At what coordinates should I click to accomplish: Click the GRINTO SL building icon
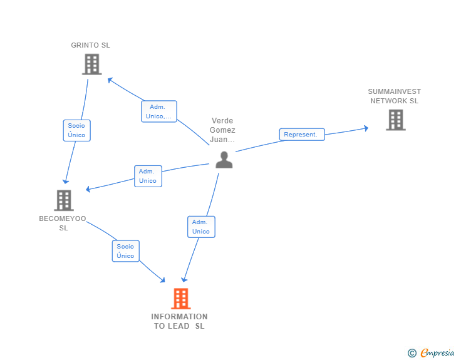click(91, 64)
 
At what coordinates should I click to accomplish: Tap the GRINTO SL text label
click(90, 45)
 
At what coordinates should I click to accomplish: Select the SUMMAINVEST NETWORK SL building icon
click(395, 120)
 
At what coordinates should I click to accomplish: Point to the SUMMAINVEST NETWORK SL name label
click(394, 96)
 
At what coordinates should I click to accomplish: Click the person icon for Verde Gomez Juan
click(224, 160)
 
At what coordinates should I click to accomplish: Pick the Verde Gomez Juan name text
click(223, 130)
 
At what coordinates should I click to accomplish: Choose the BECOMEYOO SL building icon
click(63, 200)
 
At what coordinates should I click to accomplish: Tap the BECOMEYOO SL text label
click(63, 223)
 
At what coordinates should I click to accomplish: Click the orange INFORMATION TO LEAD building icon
click(180, 299)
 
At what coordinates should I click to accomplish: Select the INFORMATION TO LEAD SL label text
click(179, 321)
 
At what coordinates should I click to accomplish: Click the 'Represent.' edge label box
click(301, 134)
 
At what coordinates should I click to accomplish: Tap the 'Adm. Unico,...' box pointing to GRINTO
click(158, 111)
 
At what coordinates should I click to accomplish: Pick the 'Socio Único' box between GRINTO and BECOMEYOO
click(76, 130)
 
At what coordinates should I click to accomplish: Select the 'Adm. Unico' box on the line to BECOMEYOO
click(148, 176)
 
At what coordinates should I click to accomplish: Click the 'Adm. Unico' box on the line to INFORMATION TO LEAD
click(201, 227)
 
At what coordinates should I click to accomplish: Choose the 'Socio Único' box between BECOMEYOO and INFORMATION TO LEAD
click(125, 251)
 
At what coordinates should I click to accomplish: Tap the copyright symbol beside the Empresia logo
click(412, 353)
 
